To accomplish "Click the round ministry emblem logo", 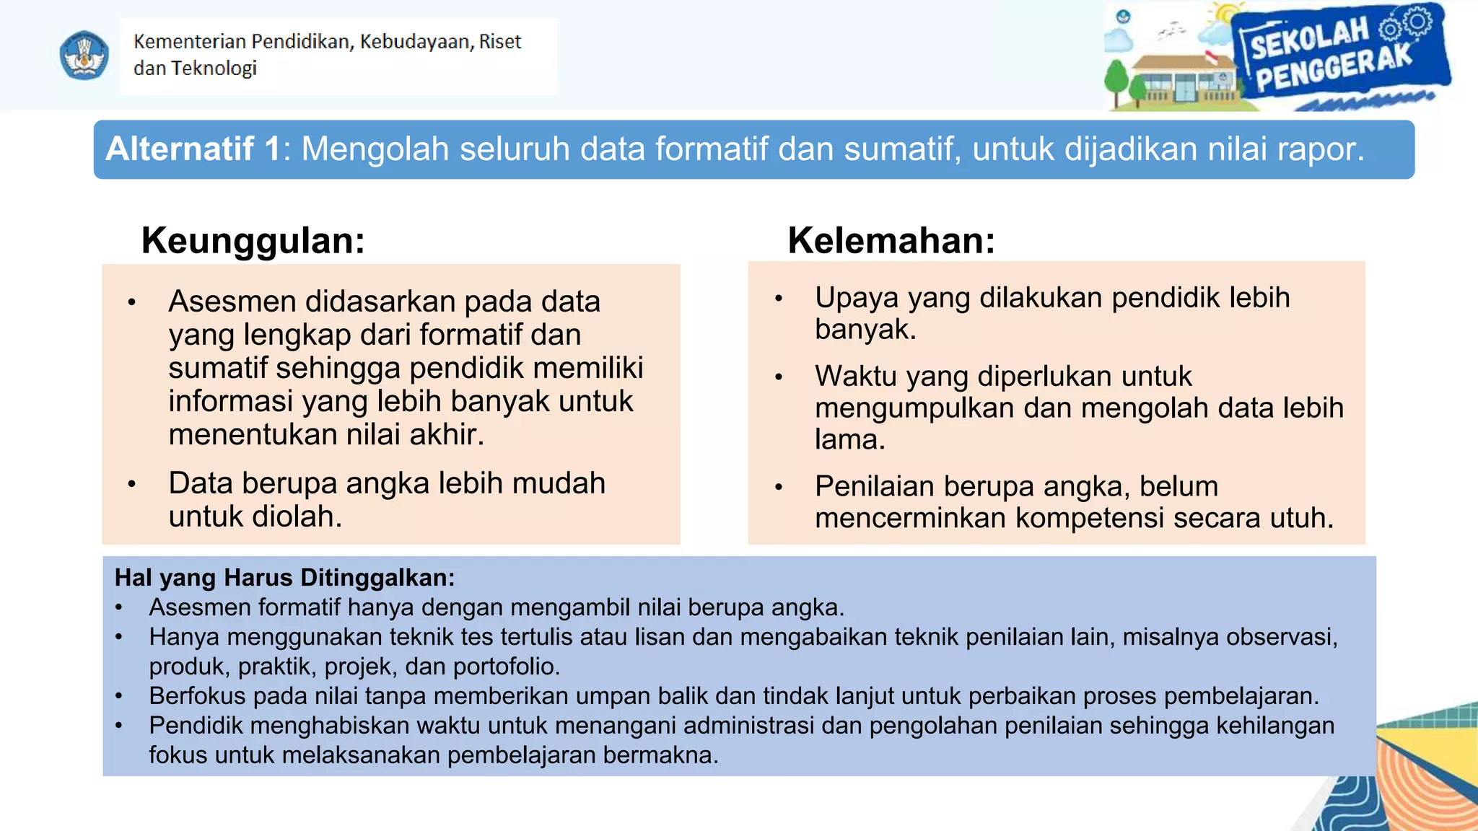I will click(84, 56).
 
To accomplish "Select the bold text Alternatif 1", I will click(193, 149).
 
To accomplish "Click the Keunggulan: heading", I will click(253, 240).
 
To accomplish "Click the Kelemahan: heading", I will click(891, 240).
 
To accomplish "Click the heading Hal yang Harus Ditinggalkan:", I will click(284, 578).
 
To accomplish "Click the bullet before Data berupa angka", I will click(131, 484).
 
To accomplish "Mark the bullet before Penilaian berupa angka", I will click(779, 488).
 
